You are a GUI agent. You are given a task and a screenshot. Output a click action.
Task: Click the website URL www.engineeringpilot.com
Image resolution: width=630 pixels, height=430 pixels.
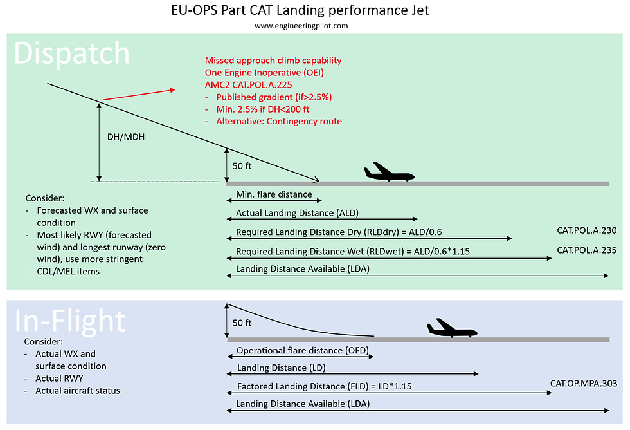point(301,26)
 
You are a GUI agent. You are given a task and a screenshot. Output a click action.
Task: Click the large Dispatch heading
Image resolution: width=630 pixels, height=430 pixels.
point(71,53)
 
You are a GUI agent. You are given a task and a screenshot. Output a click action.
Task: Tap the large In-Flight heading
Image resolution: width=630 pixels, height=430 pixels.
point(70,321)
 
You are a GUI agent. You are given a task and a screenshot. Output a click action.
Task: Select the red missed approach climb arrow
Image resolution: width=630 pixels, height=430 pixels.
point(139,95)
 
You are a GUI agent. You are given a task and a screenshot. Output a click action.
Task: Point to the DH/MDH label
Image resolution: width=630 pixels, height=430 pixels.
point(126,136)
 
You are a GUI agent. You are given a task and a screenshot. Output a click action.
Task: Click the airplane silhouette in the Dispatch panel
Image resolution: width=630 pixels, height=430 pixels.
point(389,172)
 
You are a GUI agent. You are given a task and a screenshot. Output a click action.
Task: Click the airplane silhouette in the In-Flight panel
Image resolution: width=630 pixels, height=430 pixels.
point(452,328)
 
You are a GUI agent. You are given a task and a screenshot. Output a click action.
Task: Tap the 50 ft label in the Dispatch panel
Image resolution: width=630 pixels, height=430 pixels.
point(242,165)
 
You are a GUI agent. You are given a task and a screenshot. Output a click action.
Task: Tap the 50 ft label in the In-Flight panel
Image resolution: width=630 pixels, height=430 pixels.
point(242,322)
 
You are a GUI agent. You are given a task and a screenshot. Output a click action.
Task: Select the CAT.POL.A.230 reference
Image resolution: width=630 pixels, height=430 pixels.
point(586,230)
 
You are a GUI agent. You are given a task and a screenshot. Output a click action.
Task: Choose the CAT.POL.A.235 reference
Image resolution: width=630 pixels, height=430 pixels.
point(586,250)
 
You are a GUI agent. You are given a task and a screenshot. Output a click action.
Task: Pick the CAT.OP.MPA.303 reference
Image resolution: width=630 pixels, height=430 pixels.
point(584,384)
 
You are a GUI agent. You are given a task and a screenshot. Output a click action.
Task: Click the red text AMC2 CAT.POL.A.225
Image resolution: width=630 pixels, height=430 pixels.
point(248,85)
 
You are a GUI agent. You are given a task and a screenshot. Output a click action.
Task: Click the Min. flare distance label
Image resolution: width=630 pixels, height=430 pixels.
point(274,194)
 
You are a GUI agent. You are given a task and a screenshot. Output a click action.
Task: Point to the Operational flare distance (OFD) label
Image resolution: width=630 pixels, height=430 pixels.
point(303,350)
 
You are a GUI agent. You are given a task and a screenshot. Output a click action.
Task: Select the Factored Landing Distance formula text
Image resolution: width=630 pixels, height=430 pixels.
point(324,386)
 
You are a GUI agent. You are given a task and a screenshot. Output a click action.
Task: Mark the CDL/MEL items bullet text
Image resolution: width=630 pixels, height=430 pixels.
point(68,271)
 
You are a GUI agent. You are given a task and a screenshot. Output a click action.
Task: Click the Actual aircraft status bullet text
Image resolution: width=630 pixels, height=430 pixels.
point(78,391)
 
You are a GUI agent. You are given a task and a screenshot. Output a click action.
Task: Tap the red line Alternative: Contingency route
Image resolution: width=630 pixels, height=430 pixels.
point(279,122)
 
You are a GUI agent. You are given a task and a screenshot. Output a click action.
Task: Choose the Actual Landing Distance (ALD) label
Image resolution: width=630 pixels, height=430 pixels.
point(297,213)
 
